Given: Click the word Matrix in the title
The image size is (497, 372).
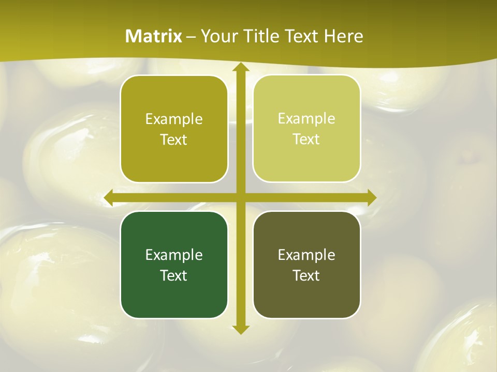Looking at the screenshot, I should pos(154,36).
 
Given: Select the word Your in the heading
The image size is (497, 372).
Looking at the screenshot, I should pos(220,36).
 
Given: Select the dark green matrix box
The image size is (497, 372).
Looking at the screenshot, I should pos(174,265).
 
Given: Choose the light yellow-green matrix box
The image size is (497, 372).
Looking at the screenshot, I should pos(306,129).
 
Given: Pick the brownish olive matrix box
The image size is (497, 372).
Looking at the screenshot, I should pos(306,265).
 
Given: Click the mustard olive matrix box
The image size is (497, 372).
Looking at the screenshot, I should pos(174,129).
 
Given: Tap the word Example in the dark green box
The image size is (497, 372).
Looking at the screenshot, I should pos(174,255).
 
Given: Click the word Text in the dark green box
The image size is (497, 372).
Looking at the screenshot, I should pos(174,275).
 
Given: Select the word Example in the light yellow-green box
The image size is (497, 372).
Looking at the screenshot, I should pos(306,119).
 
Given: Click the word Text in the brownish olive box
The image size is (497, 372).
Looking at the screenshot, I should pos(306,275).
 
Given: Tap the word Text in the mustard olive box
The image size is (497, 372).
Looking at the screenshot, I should pos(174,139).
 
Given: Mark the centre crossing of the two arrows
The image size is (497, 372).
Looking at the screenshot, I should pos(240,197).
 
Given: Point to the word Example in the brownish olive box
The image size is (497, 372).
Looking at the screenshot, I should pos(306,255).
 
